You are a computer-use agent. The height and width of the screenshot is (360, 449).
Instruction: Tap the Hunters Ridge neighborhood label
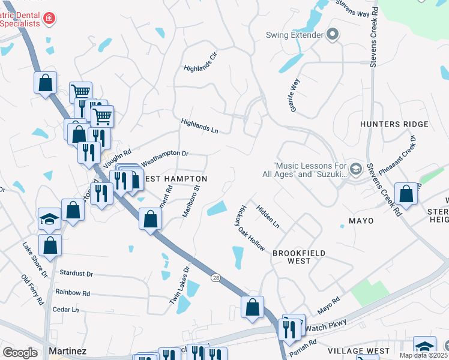click(x=394, y=124)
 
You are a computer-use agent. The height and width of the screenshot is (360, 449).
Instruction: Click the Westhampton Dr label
click(x=164, y=154)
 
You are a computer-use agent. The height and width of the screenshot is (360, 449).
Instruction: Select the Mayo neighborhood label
click(x=360, y=221)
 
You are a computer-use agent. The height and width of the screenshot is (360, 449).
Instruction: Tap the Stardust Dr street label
click(x=77, y=273)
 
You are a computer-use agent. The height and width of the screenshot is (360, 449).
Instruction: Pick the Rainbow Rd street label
click(x=72, y=293)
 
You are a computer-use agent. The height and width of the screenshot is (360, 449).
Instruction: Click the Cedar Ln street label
click(x=66, y=310)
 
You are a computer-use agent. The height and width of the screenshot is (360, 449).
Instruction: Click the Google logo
click(x=20, y=352)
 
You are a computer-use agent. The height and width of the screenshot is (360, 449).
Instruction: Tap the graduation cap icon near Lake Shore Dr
click(x=49, y=218)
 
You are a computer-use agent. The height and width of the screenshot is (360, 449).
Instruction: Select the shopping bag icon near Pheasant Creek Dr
click(x=406, y=194)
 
